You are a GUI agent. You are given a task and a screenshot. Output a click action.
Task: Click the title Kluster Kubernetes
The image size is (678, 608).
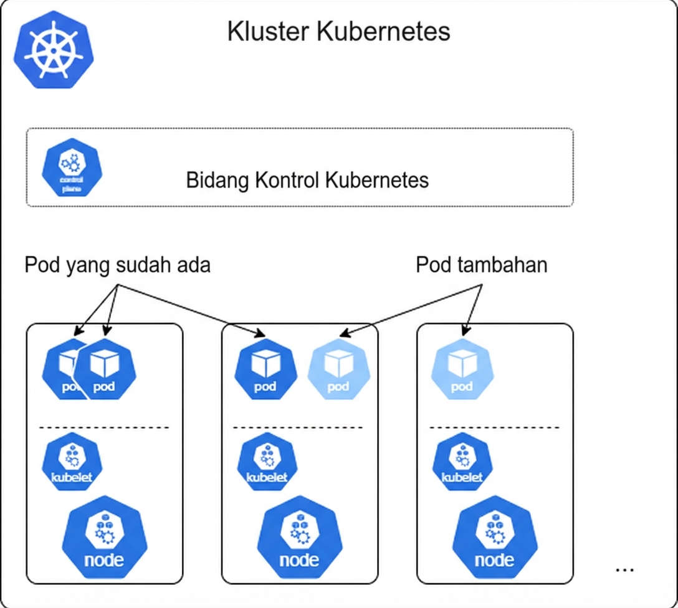[x=338, y=31]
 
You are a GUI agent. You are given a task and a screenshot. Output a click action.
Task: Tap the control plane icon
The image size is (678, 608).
[x=72, y=167]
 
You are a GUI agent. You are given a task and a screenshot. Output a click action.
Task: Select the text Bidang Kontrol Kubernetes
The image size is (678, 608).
[x=307, y=180]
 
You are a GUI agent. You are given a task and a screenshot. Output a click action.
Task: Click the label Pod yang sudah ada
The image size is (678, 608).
[x=117, y=265]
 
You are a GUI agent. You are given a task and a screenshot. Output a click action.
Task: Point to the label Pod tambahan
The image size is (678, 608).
[x=481, y=265]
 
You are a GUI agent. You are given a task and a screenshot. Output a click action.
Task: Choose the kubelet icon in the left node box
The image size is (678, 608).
[x=72, y=462]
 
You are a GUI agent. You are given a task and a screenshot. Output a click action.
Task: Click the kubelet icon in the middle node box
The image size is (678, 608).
[x=267, y=462]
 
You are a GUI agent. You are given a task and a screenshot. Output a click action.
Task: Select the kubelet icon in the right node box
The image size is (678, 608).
[x=462, y=462]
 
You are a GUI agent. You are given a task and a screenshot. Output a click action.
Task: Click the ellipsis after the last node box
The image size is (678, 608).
[x=624, y=569]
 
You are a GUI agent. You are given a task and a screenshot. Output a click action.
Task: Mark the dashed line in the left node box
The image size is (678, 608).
[x=104, y=427]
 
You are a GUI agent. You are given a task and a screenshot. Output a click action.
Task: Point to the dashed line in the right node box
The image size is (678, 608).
[x=494, y=427]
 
